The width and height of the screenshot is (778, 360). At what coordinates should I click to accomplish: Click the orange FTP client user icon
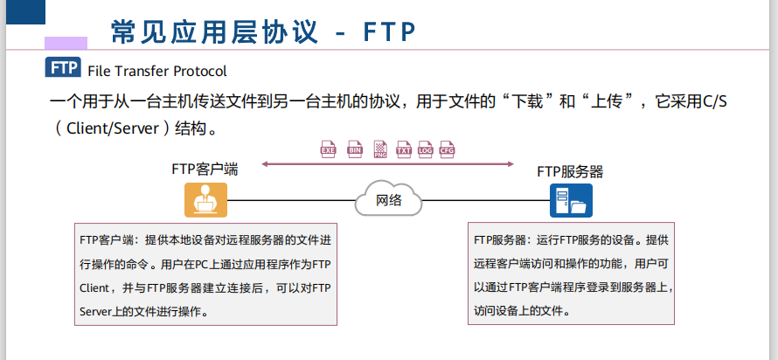point(205,200)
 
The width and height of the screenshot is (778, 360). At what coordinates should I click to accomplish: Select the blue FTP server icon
point(571,200)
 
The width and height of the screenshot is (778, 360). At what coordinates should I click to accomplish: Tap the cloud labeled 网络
point(389,199)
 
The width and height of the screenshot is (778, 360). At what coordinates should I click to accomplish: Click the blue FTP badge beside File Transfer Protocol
point(62,69)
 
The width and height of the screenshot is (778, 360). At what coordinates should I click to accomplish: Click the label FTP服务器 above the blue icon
point(570,171)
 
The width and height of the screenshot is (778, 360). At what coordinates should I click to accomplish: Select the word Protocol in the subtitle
point(199,71)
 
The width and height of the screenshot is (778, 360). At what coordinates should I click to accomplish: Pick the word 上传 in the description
point(610,102)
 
